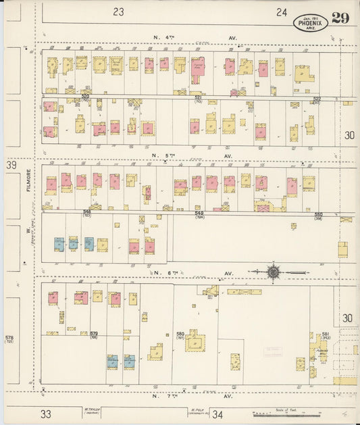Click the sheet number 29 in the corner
coord(340,18)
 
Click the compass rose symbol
coord(274,272)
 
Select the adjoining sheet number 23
coord(119,11)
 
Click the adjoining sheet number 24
coord(282,11)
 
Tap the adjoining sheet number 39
coord(11,165)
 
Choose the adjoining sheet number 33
coord(46,414)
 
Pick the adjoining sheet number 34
coord(217,414)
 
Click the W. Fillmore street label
coord(30,203)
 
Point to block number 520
coord(85,97)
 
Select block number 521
coord(198,98)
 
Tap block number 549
coord(200,213)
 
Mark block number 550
coord(318,214)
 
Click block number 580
coord(180,334)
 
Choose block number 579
coord(94,334)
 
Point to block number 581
coord(326,334)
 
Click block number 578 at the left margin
coord(9,336)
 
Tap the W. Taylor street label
coord(92,409)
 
